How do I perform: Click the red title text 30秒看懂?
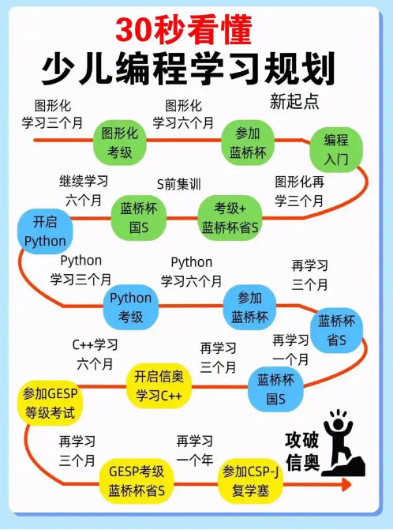tap(184, 30)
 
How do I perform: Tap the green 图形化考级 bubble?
tap(119, 142)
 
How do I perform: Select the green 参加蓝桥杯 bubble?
tap(248, 142)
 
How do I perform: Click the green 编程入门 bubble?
tap(336, 149)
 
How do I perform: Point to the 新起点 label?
tap(294, 101)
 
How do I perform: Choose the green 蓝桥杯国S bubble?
tap(139, 218)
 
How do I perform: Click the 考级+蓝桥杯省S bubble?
tap(230, 218)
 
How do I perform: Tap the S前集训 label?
tap(179, 184)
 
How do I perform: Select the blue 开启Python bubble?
tap(45, 231)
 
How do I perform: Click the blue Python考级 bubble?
tap(131, 307)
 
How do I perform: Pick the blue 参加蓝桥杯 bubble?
tap(249, 307)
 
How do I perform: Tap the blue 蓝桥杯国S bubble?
tap(275, 389)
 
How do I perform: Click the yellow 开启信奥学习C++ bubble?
tap(159, 385)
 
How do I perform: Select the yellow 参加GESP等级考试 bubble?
tap(50, 403)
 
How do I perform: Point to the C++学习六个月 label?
tap(95, 354)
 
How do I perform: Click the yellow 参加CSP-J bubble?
tap(250, 480)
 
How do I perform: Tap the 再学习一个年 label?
tap(195, 450)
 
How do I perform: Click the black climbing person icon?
tap(342, 443)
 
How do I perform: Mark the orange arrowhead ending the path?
tap(346, 484)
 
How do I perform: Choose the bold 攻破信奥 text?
tap(302, 451)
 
